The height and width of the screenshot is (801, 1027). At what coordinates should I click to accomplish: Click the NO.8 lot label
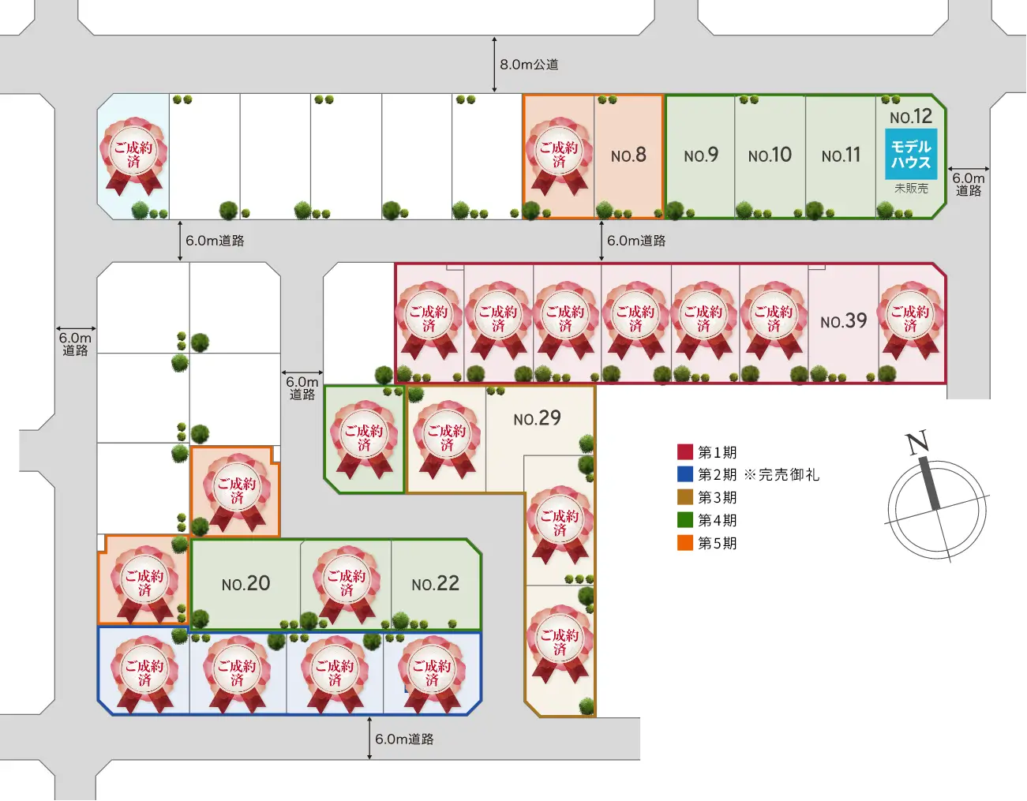(x=628, y=155)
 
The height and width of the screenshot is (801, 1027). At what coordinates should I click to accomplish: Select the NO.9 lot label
(x=701, y=155)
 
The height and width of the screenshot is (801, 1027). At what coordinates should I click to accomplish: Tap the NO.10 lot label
(x=770, y=155)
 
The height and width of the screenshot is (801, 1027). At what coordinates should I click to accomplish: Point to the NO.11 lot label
(x=841, y=155)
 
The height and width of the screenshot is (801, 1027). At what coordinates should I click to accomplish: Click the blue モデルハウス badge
(x=911, y=154)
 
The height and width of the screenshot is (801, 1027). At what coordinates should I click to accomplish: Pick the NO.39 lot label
(x=844, y=321)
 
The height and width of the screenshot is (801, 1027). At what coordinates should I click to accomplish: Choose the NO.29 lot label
(x=538, y=418)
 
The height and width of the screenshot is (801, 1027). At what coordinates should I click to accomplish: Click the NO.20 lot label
(x=246, y=584)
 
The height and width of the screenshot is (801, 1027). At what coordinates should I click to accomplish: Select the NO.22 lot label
(x=435, y=584)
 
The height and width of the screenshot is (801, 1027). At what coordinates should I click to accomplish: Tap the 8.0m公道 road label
(x=530, y=65)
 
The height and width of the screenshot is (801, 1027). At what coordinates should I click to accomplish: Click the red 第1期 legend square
(x=685, y=451)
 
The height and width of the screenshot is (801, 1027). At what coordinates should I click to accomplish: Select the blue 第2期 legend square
(x=685, y=474)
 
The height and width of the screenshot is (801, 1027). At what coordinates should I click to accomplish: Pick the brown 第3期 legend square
(x=685, y=497)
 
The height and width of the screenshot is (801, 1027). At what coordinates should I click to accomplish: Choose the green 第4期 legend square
(x=685, y=519)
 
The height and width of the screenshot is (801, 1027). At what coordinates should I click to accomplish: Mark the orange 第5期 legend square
(x=685, y=543)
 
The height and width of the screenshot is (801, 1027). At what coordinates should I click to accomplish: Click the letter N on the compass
(x=917, y=443)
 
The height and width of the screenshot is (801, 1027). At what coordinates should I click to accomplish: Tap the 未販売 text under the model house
(x=911, y=189)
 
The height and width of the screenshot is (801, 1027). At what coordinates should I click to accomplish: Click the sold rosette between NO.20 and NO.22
(x=347, y=583)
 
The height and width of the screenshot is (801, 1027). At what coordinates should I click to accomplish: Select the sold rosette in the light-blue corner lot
(x=133, y=155)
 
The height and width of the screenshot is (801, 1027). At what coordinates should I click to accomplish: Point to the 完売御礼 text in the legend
(x=789, y=474)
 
